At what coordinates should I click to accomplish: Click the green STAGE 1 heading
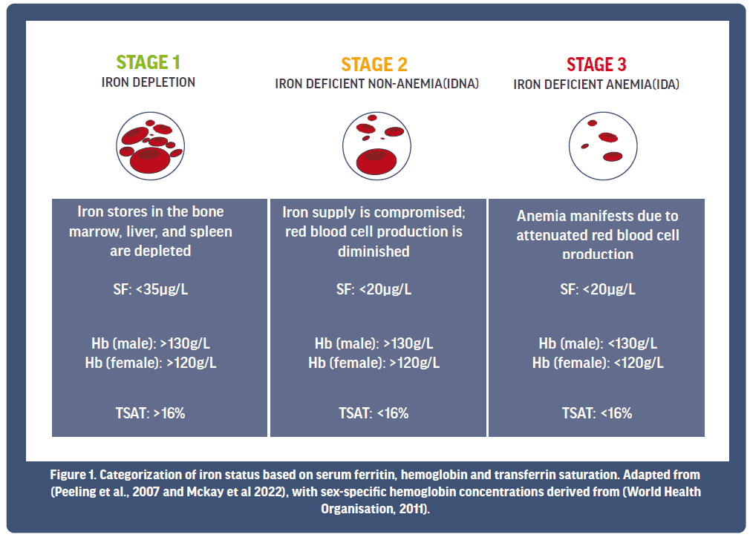pos(149,62)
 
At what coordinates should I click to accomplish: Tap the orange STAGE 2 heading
pos(374,65)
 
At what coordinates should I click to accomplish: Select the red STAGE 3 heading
pos(596,65)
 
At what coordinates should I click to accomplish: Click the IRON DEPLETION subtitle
pos(149,82)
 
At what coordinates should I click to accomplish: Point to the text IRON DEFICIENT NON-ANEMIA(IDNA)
pos(377,84)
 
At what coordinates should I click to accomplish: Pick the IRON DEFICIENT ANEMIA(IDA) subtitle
pos(596,85)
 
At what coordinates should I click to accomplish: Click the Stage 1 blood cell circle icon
pos(150,145)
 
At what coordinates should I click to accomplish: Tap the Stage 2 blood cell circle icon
pos(376,145)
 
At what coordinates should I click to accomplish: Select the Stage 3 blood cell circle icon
pos(603,145)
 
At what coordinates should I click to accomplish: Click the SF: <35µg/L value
pos(151,289)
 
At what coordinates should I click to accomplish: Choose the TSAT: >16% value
pos(150,413)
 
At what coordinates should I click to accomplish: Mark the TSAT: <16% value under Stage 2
pos(374,413)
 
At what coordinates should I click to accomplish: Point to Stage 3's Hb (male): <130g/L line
pos(598,343)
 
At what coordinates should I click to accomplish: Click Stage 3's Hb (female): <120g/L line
pos(598,363)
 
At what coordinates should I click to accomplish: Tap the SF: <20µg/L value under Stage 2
pos(374,289)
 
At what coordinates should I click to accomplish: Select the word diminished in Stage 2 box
pos(374,251)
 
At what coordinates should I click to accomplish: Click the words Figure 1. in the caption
pos(74,475)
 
